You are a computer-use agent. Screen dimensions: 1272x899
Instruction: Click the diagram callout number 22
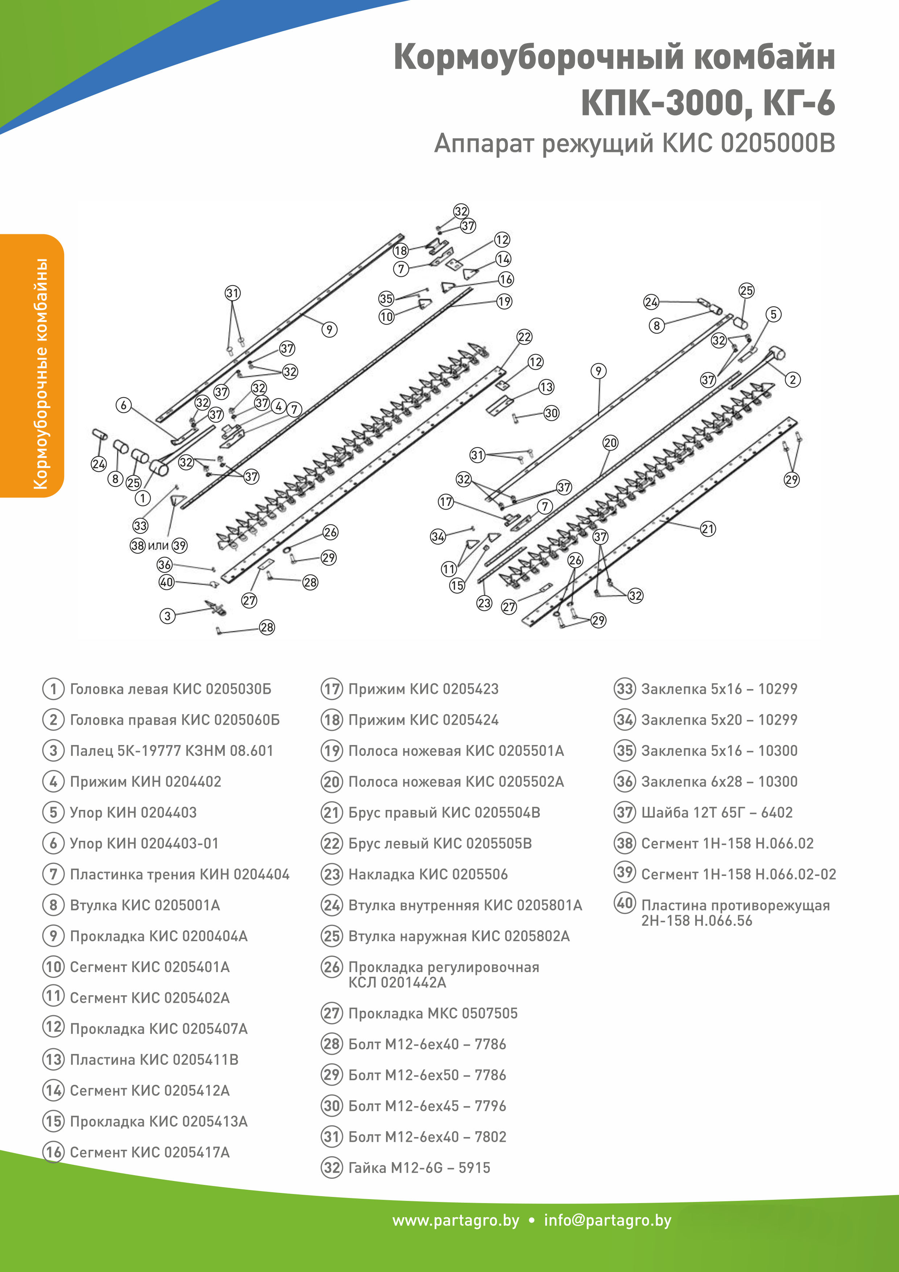pyautogui.click(x=524, y=337)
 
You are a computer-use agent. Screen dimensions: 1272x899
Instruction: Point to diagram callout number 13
pyautogui.click(x=546, y=387)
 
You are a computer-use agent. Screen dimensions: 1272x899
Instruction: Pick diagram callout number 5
pyautogui.click(x=773, y=314)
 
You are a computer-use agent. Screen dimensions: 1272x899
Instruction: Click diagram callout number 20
pyautogui.click(x=610, y=442)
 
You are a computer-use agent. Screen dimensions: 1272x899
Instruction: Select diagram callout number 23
pyautogui.click(x=484, y=603)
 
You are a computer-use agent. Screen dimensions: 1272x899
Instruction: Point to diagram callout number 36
pyautogui.click(x=165, y=564)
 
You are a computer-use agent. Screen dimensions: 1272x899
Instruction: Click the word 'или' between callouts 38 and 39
pyautogui.click(x=158, y=546)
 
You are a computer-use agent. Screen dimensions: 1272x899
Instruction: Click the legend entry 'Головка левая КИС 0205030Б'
pyautogui.click(x=170, y=689)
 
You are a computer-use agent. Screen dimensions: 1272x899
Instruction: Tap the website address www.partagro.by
pyautogui.click(x=456, y=1220)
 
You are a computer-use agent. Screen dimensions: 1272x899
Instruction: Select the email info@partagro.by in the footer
pyautogui.click(x=607, y=1220)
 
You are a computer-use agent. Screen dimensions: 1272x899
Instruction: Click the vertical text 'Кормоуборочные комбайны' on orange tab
pyautogui.click(x=40, y=374)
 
